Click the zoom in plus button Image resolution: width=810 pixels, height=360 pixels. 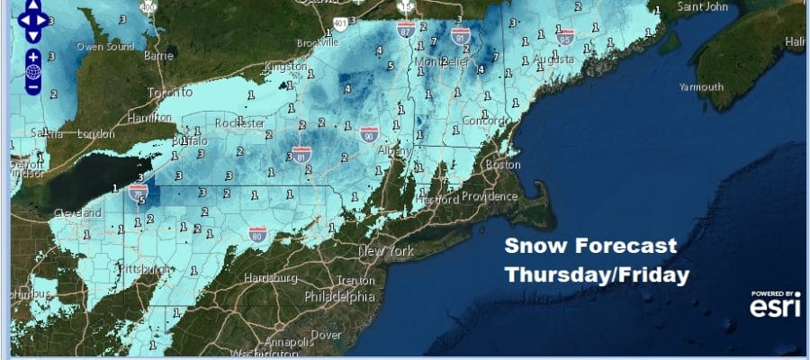click(x=32, y=53)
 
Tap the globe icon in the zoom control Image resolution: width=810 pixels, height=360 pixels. click(x=32, y=70)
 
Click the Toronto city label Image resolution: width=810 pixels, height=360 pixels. click(x=170, y=93)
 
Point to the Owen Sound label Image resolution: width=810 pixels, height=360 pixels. click(x=99, y=46)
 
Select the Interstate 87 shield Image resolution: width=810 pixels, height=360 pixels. click(x=406, y=30)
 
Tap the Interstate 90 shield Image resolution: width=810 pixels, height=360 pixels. click(x=369, y=134)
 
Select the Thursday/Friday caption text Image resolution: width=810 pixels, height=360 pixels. click(x=597, y=274)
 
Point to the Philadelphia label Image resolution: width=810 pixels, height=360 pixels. click(x=340, y=296)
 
